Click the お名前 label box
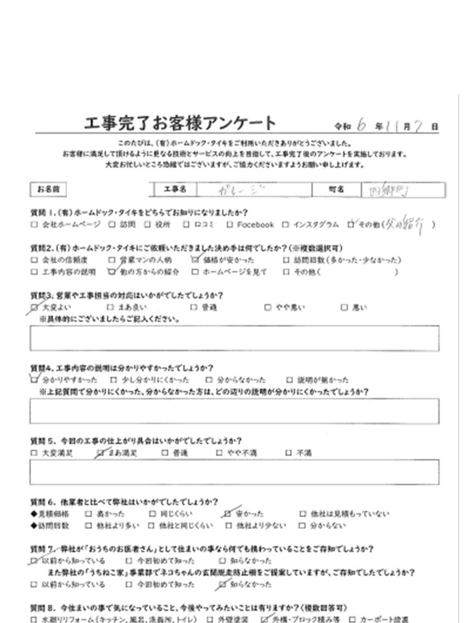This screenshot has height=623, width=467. click(x=48, y=189)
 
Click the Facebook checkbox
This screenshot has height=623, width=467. click(x=230, y=225)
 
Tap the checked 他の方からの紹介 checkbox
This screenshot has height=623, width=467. click(x=112, y=272)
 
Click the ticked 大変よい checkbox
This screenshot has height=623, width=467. click(x=34, y=307)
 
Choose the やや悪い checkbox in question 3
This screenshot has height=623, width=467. click(x=269, y=307)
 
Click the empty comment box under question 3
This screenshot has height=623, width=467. click(x=233, y=338)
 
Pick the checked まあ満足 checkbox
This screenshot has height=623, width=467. click(x=100, y=453)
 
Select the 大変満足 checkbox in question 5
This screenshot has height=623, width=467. click(x=34, y=453)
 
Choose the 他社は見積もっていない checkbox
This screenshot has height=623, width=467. click(x=303, y=513)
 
